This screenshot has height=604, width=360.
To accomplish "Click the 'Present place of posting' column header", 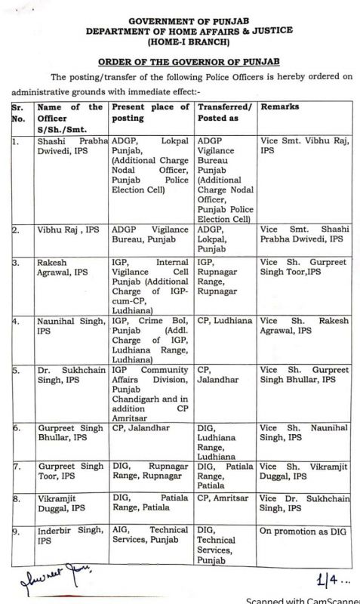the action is (151, 113).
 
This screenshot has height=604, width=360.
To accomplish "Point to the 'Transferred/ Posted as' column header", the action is (224, 113).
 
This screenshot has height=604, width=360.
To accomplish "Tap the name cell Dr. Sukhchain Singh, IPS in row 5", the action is (70, 375).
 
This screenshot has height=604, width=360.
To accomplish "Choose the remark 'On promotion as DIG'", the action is (303, 532).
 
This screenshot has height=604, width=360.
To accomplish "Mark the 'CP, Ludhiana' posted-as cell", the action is (225, 321).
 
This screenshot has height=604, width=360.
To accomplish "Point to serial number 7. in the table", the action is (16, 466).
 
